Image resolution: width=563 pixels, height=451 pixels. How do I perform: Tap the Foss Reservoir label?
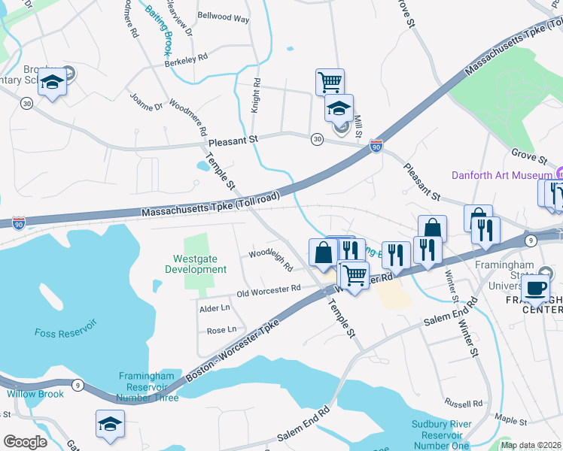[65, 331]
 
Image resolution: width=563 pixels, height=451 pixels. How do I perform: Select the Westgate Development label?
[196, 264]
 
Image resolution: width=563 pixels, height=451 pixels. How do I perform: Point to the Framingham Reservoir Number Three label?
[148, 386]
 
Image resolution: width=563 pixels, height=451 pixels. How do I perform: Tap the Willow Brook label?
[35, 394]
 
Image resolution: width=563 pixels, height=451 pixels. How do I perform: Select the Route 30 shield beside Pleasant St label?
[317, 139]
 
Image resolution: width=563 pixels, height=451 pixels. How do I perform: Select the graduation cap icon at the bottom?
[110, 425]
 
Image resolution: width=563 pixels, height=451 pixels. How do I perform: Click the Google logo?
[25, 442]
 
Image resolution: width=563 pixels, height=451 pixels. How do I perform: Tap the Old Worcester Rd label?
[269, 290]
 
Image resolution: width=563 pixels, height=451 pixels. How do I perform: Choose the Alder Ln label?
[215, 308]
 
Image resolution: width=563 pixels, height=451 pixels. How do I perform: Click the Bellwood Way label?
[224, 16]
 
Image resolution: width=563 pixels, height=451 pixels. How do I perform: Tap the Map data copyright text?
[531, 445]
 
